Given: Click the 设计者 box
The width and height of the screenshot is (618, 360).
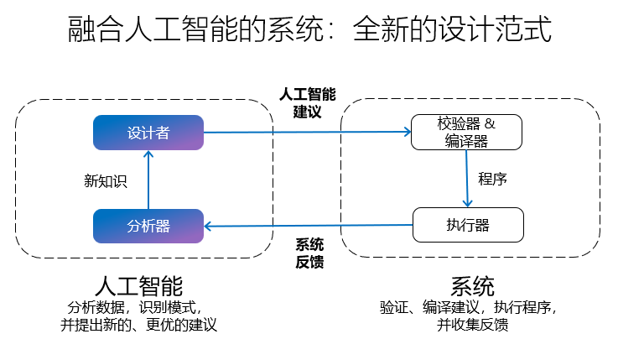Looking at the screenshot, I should (x=148, y=133).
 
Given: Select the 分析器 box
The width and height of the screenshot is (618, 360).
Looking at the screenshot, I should (x=148, y=226).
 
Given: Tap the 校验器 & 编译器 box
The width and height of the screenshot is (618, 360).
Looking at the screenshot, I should (x=467, y=133).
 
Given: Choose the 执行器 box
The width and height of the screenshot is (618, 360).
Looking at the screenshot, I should (x=467, y=225).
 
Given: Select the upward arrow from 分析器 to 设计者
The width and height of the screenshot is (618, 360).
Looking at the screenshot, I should (x=148, y=180).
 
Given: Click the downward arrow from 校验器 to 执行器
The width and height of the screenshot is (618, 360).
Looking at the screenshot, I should (x=467, y=179).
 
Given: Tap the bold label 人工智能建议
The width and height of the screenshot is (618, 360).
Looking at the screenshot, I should (x=307, y=102).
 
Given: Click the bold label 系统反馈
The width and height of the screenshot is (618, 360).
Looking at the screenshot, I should (x=309, y=253).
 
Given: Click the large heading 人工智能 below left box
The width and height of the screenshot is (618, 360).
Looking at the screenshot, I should (x=139, y=284).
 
